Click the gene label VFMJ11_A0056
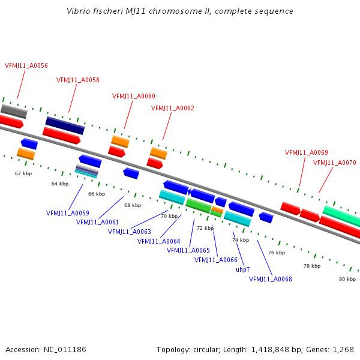26,65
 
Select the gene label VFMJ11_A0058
78,80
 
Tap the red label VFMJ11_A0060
134,96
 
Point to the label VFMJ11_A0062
173,108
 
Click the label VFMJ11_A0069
307,152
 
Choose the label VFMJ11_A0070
335,163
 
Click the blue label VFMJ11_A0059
68,213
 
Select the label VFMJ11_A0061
97,222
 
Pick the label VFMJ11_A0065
188,250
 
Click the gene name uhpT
242,269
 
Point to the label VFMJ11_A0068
271,279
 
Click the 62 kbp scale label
23,173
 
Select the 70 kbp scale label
169,216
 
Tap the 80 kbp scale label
347,279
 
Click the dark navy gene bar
65,125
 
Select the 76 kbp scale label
276,253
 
